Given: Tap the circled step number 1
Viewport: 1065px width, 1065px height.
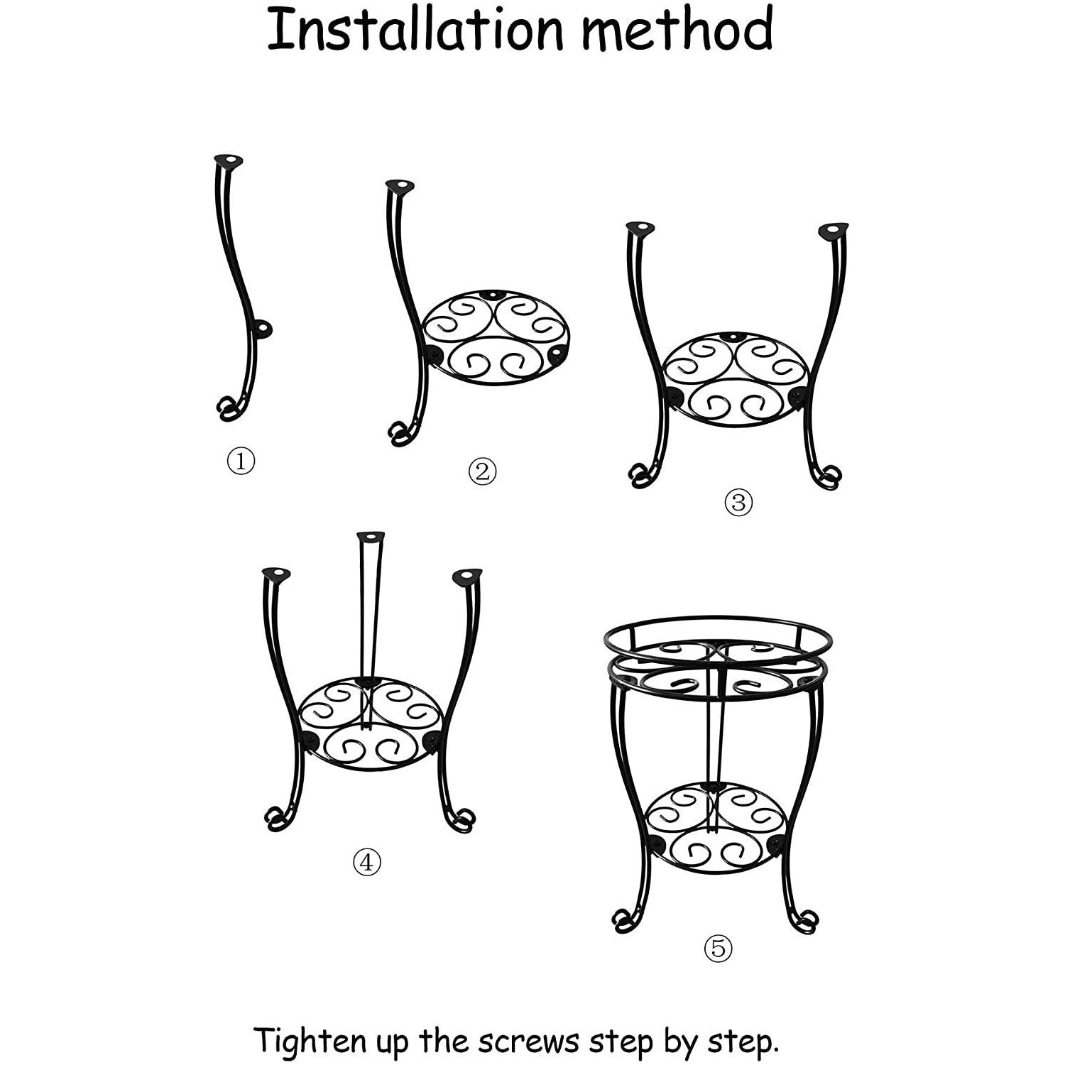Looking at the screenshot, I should [241, 462].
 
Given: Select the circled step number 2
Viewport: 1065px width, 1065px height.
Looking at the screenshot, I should [482, 471].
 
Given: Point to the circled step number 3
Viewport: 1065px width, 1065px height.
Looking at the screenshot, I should [738, 503].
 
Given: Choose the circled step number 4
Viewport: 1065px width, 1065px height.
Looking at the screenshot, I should [367, 862].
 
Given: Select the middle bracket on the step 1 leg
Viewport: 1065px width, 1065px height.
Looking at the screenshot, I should [263, 328].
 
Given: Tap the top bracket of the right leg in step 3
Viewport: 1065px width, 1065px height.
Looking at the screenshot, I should [832, 231].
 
